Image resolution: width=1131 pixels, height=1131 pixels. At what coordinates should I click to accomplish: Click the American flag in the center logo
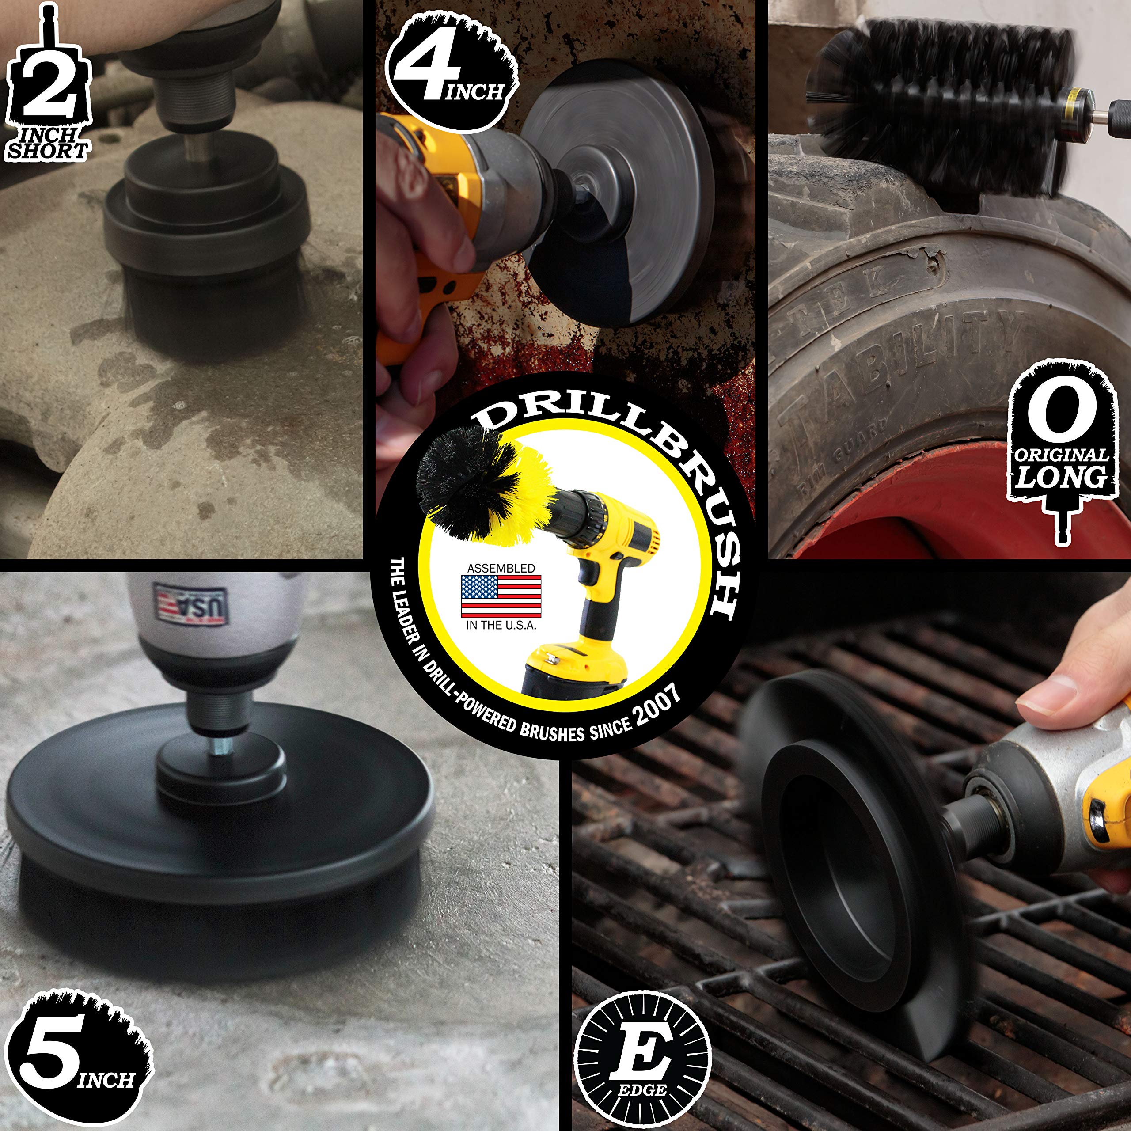[x=501, y=596]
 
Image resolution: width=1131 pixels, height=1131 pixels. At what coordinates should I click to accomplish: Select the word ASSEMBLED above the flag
[x=501, y=568]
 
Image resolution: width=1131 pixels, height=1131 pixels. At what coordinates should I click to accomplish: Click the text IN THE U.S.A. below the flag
[x=501, y=625]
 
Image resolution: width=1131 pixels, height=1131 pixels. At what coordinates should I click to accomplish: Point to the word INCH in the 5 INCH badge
[x=106, y=1079]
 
